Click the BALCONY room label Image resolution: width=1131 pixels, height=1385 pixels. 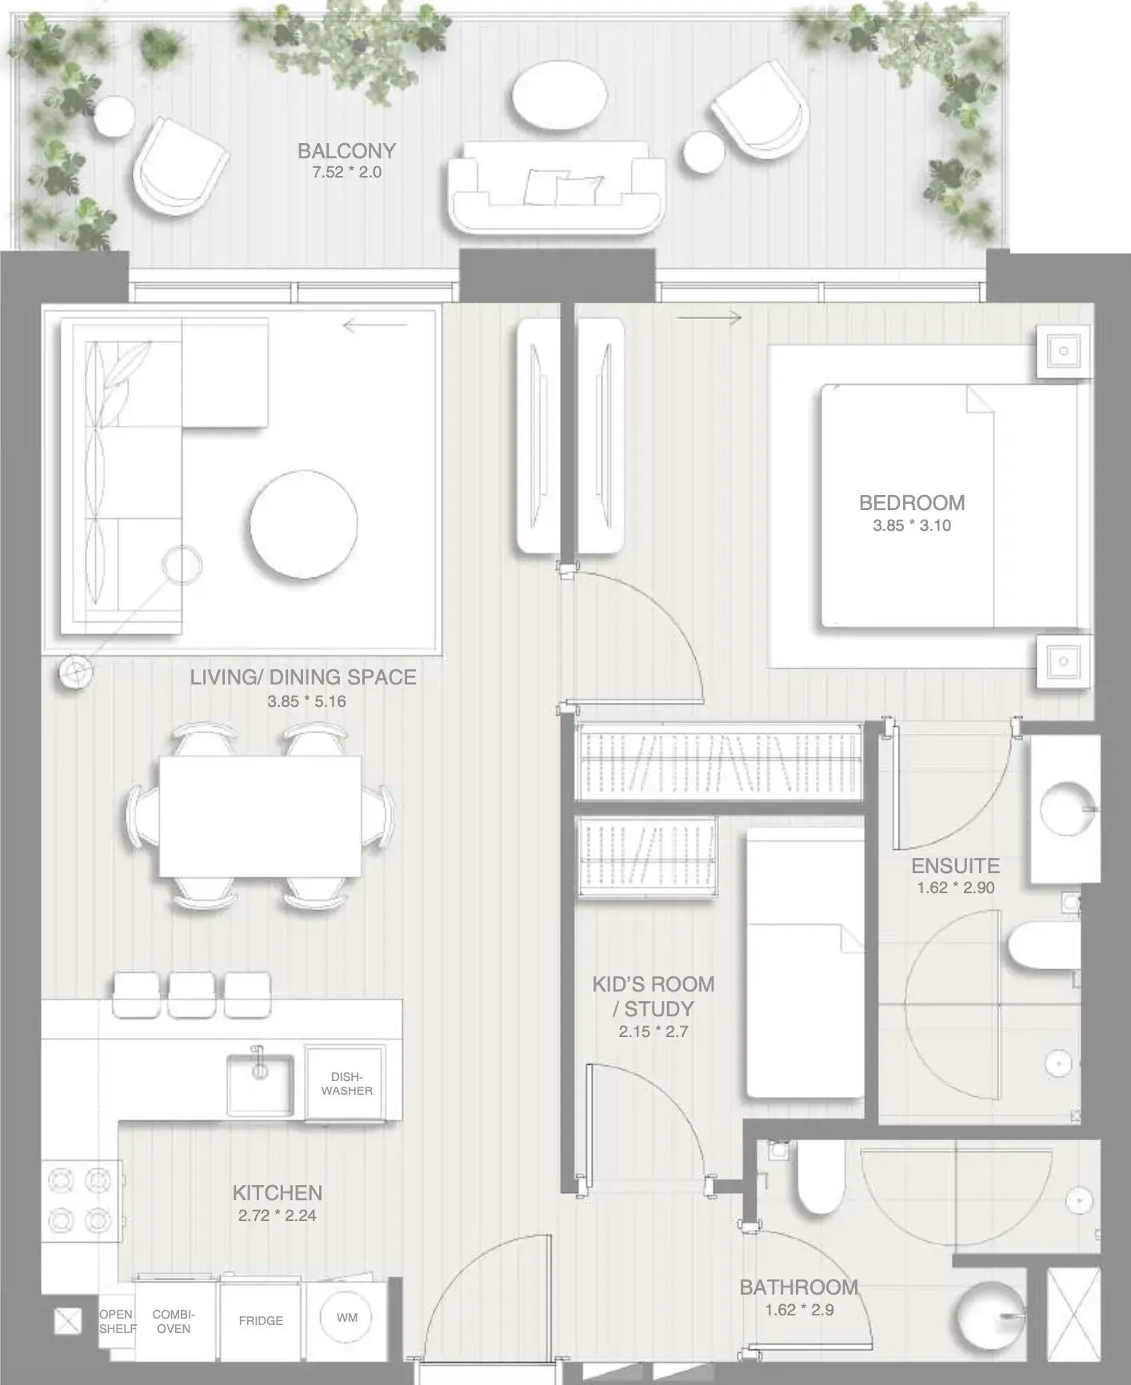tap(346, 150)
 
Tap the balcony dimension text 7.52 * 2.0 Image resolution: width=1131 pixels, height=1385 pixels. tap(346, 172)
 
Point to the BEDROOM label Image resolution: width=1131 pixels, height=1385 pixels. tap(912, 503)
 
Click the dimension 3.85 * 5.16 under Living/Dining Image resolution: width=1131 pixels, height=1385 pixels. tap(306, 701)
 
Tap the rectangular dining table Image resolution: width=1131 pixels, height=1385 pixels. tap(260, 816)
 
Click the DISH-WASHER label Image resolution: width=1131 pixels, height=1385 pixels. tap(347, 1084)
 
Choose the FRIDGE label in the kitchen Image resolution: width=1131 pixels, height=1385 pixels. tap(261, 1320)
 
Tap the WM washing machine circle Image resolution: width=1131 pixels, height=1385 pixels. tap(347, 1317)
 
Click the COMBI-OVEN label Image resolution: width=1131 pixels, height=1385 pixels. tap(174, 1321)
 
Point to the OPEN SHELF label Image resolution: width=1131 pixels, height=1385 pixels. tap(117, 1321)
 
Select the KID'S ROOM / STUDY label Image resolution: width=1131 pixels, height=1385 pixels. tap(653, 996)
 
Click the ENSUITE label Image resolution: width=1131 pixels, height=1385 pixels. tap(955, 866)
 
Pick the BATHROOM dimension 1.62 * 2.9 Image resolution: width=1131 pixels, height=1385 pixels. tap(799, 1310)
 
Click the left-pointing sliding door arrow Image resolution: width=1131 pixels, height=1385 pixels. tap(375, 325)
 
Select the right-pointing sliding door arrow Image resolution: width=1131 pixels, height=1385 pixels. tap(709, 318)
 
